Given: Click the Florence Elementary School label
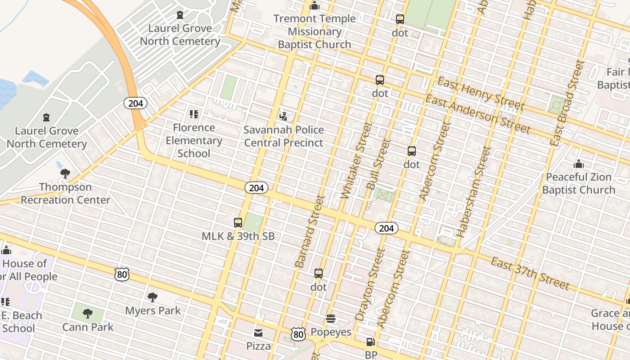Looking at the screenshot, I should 193,140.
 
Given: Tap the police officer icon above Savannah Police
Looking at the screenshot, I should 283,116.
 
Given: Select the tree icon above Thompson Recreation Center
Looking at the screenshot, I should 65,173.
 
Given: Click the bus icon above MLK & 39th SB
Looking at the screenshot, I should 238,223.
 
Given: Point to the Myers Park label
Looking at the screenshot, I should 153,310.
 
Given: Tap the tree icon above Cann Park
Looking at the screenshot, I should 88,313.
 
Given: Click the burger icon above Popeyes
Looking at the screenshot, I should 331,319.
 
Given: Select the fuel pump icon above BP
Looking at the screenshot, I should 370,342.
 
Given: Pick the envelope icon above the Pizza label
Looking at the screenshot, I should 258,333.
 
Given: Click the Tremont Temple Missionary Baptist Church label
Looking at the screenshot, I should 314,31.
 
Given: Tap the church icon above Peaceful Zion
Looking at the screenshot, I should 579,164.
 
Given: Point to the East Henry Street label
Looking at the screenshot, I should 481,94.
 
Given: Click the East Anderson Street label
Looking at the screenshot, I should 478,114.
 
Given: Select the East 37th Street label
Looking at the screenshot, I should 530,273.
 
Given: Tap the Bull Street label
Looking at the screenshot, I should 378,164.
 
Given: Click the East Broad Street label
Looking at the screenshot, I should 567,103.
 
